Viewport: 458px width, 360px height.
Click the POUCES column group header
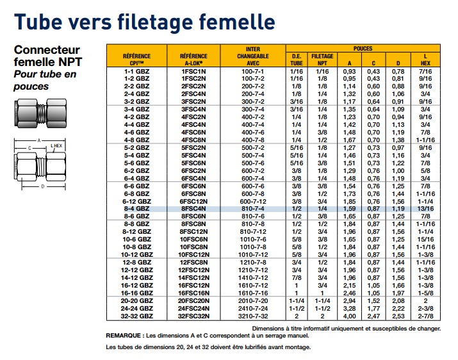pyautogui.click(x=363, y=49)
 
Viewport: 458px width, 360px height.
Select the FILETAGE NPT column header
pyautogui.click(x=322, y=60)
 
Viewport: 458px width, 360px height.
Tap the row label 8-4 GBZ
pyautogui.click(x=136, y=209)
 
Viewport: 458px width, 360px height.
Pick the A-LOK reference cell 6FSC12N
pyautogui.click(x=193, y=201)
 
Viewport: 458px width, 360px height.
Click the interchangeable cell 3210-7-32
pyautogui.click(x=253, y=316)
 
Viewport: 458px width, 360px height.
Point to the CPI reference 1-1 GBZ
pyautogui.click(x=136, y=71)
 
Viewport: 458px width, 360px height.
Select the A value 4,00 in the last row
pyautogui.click(x=349, y=316)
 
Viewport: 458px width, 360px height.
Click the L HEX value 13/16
pyautogui.click(x=425, y=209)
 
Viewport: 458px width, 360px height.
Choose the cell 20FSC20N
pyautogui.click(x=193, y=301)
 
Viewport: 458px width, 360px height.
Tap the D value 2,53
pyautogui.click(x=398, y=316)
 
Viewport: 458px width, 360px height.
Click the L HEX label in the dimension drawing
pyautogui.click(x=56, y=146)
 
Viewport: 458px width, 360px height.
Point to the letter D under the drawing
pyautogui.click(x=43, y=186)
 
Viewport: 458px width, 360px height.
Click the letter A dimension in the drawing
pyautogui.click(x=39, y=140)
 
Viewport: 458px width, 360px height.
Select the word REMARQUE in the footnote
pyautogui.click(x=123, y=336)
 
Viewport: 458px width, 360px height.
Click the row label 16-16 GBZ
pyautogui.click(x=136, y=293)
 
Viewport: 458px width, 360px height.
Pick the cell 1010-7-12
pyautogui.click(x=253, y=255)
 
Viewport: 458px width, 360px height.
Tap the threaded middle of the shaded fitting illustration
pyautogui.click(x=41, y=113)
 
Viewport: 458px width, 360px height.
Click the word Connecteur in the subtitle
pyautogui.click(x=47, y=50)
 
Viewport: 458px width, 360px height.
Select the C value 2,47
pyautogui.click(x=373, y=316)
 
